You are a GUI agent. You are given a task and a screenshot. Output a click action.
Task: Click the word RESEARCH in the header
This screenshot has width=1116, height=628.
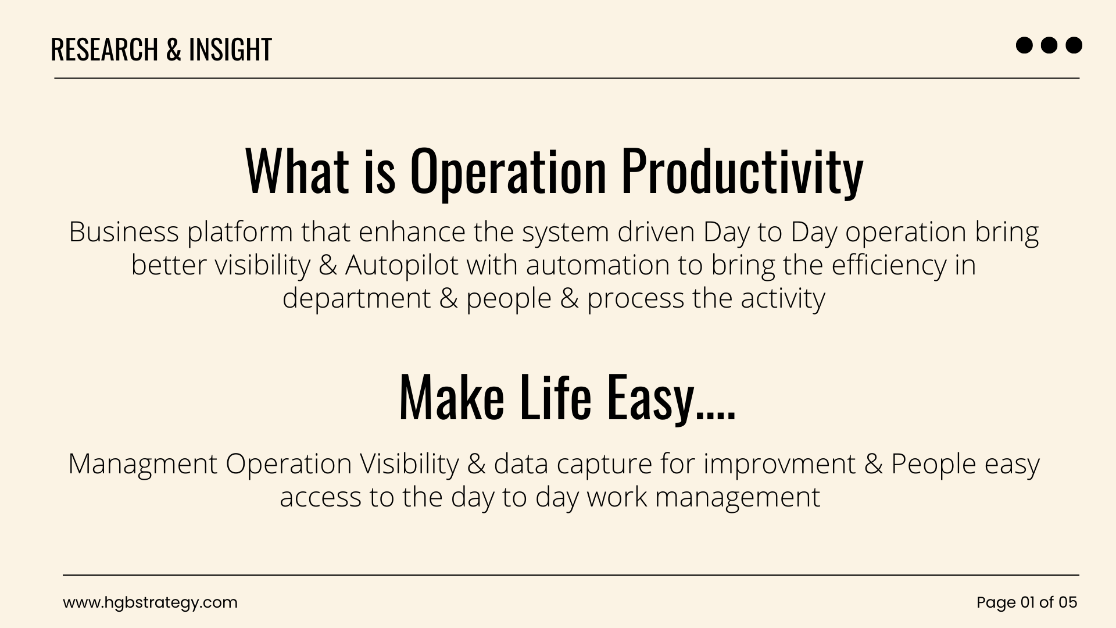pyautogui.click(x=105, y=49)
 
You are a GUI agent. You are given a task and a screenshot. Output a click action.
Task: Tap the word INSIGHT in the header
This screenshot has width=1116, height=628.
pyautogui.click(x=230, y=49)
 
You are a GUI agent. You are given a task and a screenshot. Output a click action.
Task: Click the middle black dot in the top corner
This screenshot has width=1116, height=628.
pyautogui.click(x=1049, y=45)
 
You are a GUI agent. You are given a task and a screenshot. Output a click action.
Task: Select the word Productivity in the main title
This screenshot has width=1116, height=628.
pyautogui.click(x=742, y=171)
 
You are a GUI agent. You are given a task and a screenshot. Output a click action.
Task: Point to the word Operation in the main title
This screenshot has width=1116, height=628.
pyautogui.click(x=509, y=171)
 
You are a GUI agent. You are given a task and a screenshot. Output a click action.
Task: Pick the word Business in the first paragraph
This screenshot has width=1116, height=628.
pyautogui.click(x=124, y=231)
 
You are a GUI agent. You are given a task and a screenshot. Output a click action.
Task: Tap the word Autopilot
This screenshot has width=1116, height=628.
pyautogui.click(x=402, y=265)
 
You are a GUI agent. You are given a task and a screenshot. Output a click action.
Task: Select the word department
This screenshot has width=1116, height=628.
pyautogui.click(x=357, y=299)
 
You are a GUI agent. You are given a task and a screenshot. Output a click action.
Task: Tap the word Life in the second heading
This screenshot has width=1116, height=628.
pyautogui.click(x=555, y=396)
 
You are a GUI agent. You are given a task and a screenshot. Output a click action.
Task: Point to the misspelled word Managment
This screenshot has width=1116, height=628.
pyautogui.click(x=143, y=465)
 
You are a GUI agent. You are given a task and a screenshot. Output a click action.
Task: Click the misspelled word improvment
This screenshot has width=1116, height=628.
pyautogui.click(x=779, y=465)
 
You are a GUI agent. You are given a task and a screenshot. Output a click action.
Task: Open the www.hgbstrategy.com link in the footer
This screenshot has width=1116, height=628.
pyautogui.click(x=151, y=602)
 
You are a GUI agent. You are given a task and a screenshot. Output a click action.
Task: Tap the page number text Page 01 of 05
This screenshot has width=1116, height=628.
pyautogui.click(x=1027, y=602)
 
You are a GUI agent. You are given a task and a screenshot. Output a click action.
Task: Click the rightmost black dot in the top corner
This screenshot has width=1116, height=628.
pyautogui.click(x=1074, y=45)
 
